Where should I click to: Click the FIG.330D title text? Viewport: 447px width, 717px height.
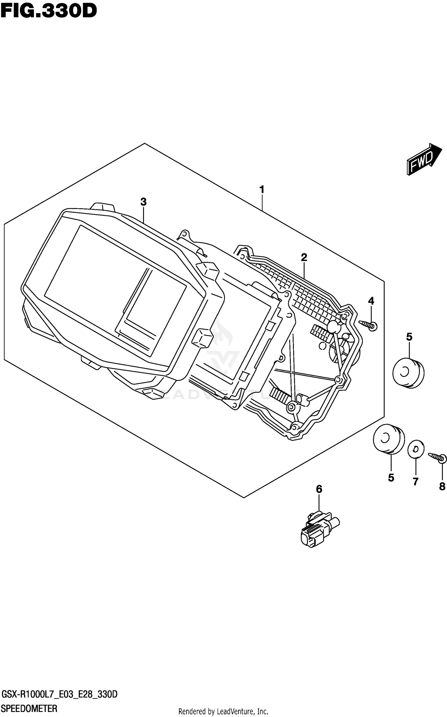pyautogui.click(x=49, y=12)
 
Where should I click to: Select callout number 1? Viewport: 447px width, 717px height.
pyautogui.click(x=262, y=190)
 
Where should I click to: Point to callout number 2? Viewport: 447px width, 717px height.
pyautogui.click(x=304, y=257)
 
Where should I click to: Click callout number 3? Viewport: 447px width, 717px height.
pyautogui.click(x=143, y=202)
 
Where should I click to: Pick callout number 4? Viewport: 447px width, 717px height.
pyautogui.click(x=371, y=301)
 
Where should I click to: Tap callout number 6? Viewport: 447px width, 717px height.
pyautogui.click(x=319, y=489)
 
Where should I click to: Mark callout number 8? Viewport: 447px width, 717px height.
pyautogui.click(x=442, y=486)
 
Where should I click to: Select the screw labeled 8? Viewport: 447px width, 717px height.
pyautogui.click(x=438, y=458)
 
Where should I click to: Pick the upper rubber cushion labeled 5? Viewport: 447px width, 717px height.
pyautogui.click(x=408, y=373)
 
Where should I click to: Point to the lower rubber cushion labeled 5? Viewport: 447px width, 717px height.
pyautogui.click(x=389, y=439)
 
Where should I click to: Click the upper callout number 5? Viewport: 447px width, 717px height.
pyautogui.click(x=409, y=337)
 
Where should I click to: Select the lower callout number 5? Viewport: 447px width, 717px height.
pyautogui.click(x=391, y=478)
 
